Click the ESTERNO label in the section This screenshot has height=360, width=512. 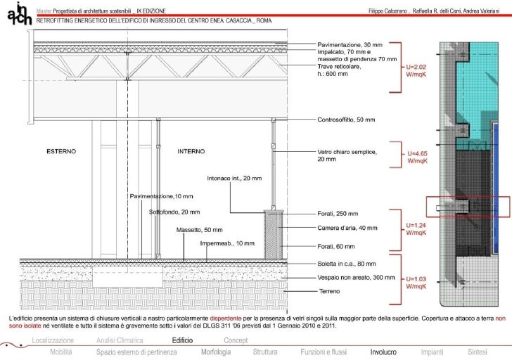click(61, 151)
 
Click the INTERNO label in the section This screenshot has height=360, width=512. click(191, 151)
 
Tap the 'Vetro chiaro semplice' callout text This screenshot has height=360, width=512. click(347, 155)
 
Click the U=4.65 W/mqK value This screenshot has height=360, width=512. click(418, 157)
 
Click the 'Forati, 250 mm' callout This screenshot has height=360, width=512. click(338, 214)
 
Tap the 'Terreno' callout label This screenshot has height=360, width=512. click(329, 290)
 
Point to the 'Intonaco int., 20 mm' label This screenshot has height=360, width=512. click(234, 178)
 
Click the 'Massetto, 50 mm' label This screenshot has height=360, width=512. click(199, 230)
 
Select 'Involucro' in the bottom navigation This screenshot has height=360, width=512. click(384, 351)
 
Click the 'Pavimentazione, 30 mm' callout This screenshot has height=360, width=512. click(349, 44)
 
